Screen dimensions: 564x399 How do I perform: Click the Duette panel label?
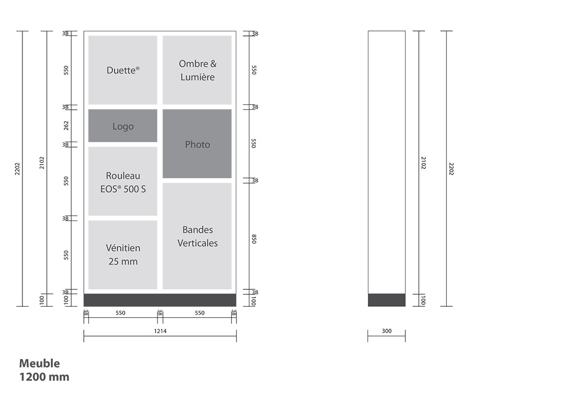pos(123,70)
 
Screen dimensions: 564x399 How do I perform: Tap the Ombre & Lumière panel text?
pos(197,70)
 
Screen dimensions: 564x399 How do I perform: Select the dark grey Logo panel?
pos(123,126)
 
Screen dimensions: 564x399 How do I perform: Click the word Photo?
pos(197,144)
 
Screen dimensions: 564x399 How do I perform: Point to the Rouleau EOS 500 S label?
pos(123,182)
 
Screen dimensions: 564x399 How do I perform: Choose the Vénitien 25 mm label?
pos(123,254)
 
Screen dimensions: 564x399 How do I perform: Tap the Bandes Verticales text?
pos(197,236)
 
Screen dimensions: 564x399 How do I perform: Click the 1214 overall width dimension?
pos(160,331)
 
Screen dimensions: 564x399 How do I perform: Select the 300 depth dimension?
pos(386,331)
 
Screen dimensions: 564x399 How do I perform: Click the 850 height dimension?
pos(254,239)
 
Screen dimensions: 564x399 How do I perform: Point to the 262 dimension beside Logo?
pos(66,126)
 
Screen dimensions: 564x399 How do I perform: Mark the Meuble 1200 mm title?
pos(44,370)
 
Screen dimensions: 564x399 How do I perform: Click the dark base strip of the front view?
pos(160,300)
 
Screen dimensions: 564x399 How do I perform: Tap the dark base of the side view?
pos(386,300)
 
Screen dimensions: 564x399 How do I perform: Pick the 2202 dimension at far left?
pos(17,169)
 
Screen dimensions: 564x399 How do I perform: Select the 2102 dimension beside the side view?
pos(424,163)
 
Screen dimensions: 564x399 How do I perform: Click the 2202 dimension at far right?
pos(451,169)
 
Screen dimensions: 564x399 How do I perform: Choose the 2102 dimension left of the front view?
pos(42,163)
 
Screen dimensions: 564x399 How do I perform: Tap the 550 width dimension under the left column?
pos(121,313)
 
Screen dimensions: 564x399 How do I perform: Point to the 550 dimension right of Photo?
pos(254,144)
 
